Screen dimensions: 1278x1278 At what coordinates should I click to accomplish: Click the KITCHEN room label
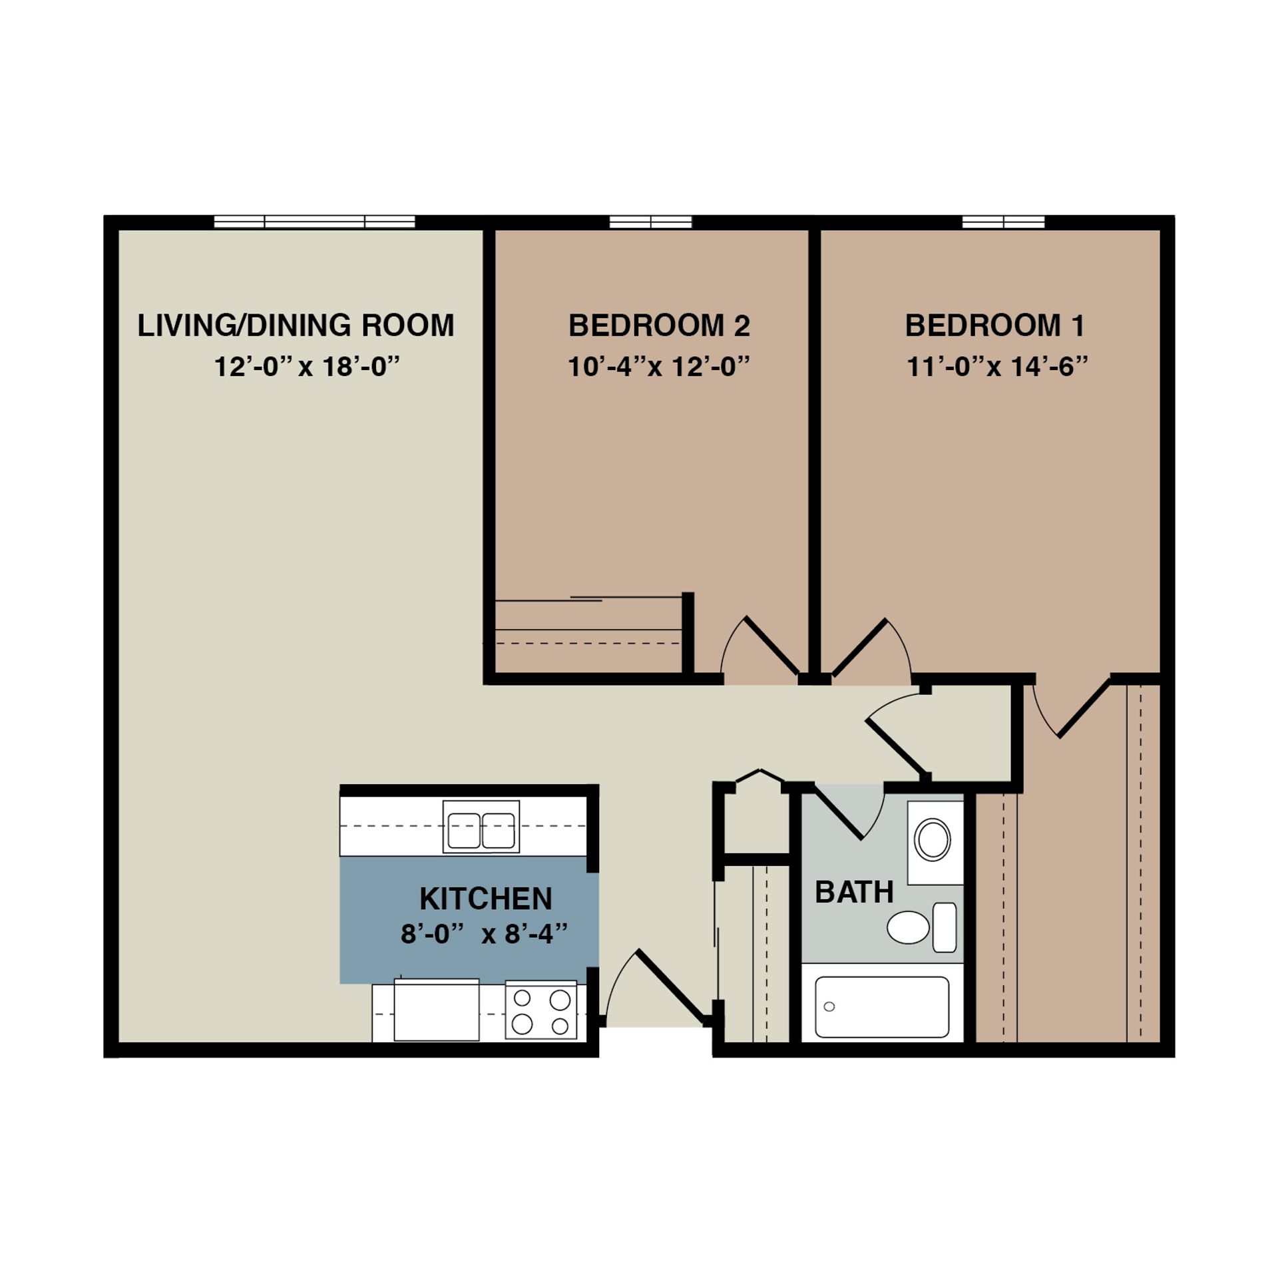(485, 899)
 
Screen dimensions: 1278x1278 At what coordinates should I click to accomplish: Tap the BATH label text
(854, 893)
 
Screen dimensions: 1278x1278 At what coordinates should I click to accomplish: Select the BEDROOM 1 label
(995, 325)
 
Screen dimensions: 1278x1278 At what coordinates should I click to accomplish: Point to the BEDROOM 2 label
(659, 325)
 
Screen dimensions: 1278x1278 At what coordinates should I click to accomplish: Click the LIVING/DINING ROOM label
(296, 325)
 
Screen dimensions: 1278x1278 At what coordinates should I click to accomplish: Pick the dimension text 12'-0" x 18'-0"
(307, 367)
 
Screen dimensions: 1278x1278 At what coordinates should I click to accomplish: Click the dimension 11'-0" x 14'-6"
(997, 367)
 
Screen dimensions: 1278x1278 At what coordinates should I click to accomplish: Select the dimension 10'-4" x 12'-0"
(659, 367)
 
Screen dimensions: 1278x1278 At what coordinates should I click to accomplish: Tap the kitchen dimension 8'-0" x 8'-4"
(484, 935)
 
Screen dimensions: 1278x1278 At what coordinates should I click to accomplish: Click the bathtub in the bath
(882, 1006)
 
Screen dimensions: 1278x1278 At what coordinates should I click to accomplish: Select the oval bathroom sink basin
(933, 840)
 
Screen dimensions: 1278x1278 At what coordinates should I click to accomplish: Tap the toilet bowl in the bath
(909, 927)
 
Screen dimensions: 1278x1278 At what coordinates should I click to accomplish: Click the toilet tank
(945, 927)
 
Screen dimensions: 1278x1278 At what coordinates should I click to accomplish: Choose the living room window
(314, 222)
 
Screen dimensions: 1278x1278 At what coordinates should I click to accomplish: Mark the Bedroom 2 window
(651, 222)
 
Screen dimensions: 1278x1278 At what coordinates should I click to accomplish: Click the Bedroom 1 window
(1003, 222)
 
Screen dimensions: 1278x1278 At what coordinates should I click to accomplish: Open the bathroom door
(840, 813)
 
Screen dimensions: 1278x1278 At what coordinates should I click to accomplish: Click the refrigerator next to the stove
(436, 1010)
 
